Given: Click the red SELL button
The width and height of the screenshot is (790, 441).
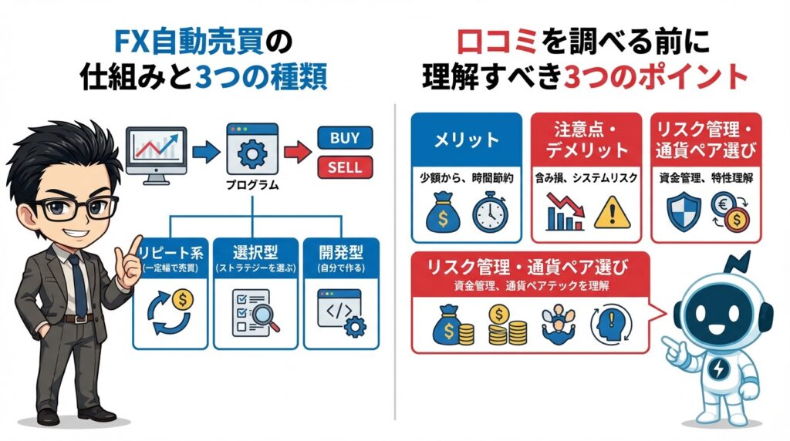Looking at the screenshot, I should coord(345,166).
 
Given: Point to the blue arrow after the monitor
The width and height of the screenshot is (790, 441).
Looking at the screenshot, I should coord(204,152).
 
